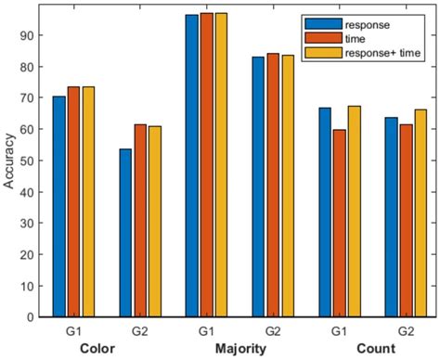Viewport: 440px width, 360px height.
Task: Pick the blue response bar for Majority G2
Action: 258,186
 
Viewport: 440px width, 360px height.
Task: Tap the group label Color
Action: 98,349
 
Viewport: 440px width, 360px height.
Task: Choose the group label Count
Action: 381,349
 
